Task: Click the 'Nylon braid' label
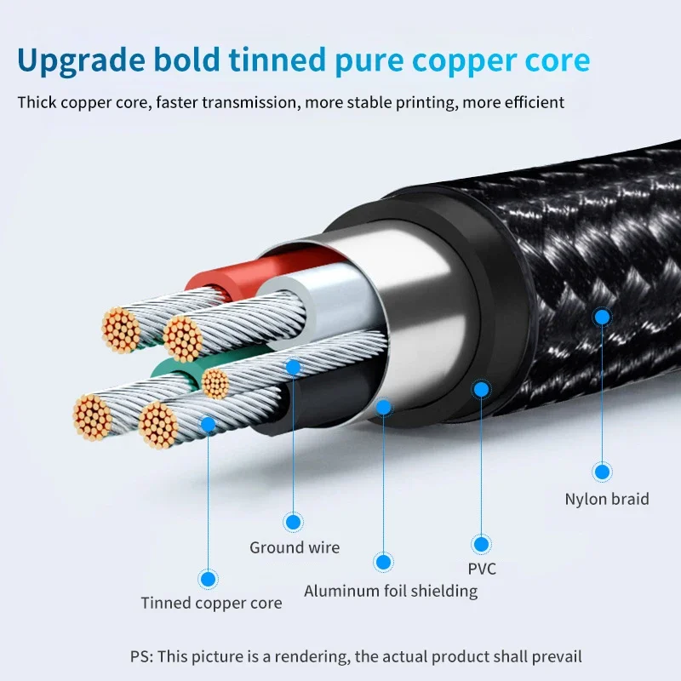click(607, 499)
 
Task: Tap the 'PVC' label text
click(482, 569)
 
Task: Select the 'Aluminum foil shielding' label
click(391, 591)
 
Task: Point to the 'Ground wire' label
click(295, 547)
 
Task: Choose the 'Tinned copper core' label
click(211, 603)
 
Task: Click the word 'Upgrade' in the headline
click(81, 60)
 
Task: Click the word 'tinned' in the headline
click(278, 59)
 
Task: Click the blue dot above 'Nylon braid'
click(602, 472)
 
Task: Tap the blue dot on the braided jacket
click(602, 317)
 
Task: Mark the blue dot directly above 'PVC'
click(481, 544)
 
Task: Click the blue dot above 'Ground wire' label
click(293, 522)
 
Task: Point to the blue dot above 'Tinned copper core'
click(208, 579)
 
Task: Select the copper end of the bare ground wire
click(215, 384)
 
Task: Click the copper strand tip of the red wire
click(121, 330)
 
